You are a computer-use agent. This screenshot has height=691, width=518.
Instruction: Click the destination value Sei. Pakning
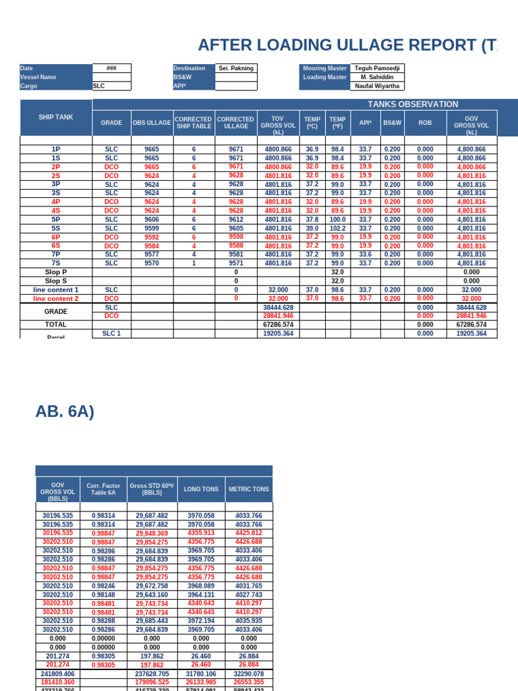[235, 68]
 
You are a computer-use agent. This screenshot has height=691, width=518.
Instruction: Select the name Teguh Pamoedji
[377, 68]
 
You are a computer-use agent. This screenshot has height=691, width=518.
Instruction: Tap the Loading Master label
[324, 77]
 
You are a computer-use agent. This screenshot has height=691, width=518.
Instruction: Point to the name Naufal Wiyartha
[377, 86]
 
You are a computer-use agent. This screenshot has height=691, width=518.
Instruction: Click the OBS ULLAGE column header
[152, 123]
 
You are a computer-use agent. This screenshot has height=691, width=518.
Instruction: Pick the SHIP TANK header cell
[56, 117]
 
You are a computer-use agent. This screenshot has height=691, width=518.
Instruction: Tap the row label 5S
[56, 228]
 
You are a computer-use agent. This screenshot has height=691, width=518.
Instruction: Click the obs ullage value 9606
[152, 219]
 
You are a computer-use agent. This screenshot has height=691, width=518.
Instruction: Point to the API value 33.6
[366, 254]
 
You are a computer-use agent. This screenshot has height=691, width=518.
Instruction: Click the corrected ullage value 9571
[236, 263]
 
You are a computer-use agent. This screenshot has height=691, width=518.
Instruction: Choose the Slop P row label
[56, 272]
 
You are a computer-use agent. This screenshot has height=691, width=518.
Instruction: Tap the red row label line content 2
[56, 298]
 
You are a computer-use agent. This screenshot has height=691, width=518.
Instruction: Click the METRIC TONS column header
[249, 489]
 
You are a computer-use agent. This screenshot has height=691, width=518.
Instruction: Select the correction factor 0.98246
[103, 586]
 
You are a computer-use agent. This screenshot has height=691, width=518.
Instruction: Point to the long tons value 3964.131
[201, 595]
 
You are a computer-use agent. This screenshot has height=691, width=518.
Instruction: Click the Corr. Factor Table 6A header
[103, 489]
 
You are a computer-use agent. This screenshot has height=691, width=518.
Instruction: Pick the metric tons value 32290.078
[249, 673]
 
